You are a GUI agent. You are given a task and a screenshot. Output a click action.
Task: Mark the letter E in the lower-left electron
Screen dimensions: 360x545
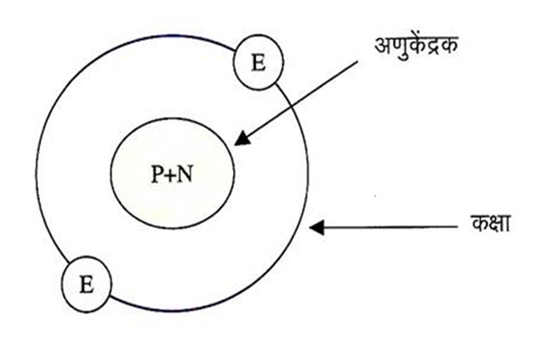tap(87, 285)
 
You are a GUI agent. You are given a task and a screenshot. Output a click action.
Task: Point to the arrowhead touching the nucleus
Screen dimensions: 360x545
tap(241, 139)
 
